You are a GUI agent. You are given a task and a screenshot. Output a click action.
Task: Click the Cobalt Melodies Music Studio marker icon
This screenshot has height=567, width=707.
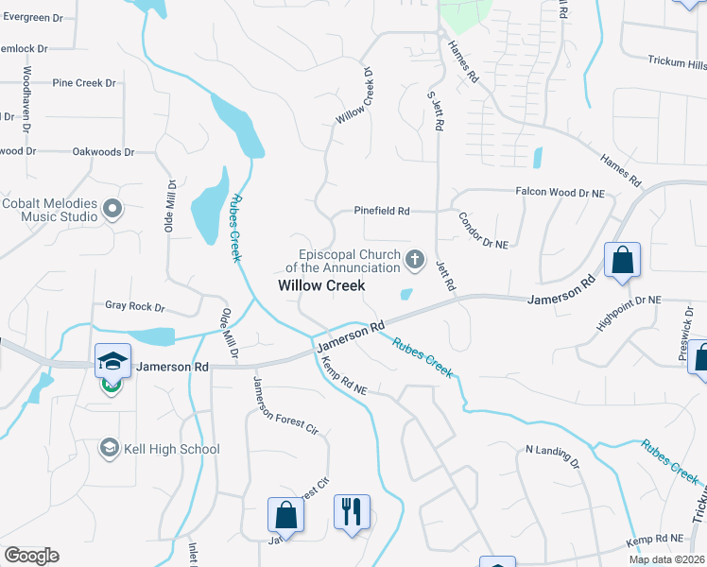pos(112,208)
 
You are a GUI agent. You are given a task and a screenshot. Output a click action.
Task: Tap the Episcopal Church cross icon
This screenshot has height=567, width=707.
pos(414,259)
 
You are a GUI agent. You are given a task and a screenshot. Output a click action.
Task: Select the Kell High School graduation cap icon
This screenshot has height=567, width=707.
pos(109,449)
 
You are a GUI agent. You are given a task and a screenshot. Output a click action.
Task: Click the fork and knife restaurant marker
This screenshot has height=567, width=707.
pos(352,513)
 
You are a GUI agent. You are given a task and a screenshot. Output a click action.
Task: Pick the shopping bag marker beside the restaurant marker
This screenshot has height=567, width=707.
pos(285,516)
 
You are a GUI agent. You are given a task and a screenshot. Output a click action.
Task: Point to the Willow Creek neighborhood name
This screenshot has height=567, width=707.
pos(320,284)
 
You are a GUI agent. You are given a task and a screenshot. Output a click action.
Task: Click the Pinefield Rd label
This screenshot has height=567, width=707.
pos(382,211)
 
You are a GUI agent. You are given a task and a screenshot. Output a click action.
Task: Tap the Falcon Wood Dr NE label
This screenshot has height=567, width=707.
pos(560,192)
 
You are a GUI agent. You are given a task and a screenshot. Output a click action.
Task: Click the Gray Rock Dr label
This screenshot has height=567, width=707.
pos(135,307)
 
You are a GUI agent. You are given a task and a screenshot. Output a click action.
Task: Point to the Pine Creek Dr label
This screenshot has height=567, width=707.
pos(84,83)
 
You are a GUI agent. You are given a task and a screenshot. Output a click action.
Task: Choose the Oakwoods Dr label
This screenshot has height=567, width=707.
pos(103,151)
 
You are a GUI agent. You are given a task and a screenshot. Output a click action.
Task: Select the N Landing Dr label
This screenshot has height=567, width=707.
pos(552,456)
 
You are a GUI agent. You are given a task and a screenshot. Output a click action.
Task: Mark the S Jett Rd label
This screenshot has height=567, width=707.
pos(436,108)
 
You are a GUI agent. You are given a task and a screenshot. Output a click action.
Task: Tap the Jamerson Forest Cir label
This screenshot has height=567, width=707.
pos(285,404)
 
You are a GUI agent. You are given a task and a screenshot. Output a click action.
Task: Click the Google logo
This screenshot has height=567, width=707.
pos(31,556)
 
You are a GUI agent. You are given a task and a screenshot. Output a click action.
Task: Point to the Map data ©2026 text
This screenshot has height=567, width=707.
pos(665,559)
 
